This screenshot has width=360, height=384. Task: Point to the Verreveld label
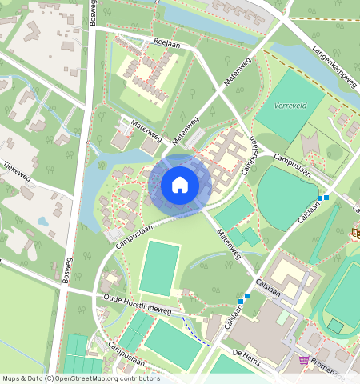coord(290,106)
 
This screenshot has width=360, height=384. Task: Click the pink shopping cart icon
coord(304,360)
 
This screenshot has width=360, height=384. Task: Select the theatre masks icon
coord(354,233)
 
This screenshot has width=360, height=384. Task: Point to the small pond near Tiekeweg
coord(43,221)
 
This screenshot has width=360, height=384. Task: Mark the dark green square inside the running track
coord(336,326)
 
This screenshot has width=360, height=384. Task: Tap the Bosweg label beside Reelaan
coord(93,17)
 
